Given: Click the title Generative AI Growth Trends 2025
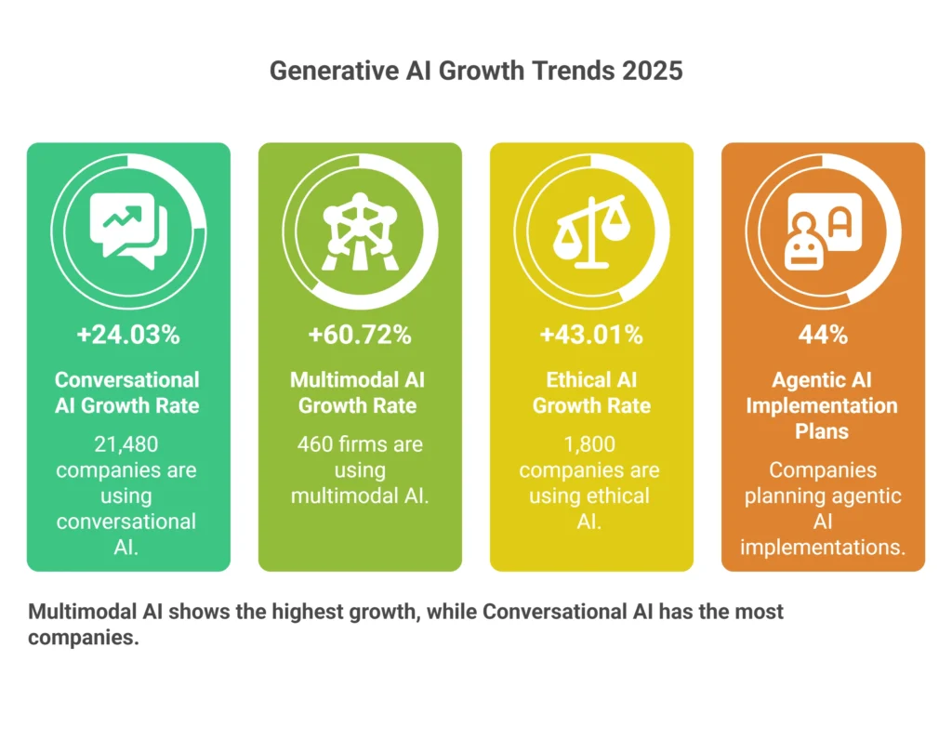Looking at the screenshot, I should tap(475, 71).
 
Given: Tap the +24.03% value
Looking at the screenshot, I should tap(128, 335).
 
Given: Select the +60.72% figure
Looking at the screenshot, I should tap(360, 335).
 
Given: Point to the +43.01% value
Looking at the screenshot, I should tap(591, 335).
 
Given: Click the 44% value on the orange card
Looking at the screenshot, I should tap(823, 335).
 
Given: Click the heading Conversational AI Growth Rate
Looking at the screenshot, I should tap(128, 392).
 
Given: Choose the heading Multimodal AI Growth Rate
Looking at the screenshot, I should tap(360, 392).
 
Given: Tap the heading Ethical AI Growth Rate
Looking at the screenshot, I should tap(591, 392).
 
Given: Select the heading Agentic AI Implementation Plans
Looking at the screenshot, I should tap(823, 405).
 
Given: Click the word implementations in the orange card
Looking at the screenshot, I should tap(823, 547).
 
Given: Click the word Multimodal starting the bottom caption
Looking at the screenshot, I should tap(80, 613).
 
